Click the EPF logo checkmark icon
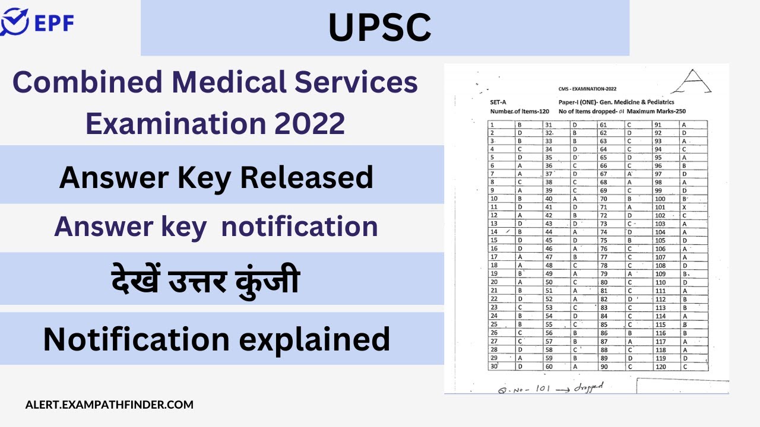pos(14,23)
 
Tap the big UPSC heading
pos(380,27)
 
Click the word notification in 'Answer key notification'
pos(299,226)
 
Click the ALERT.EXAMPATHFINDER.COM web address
pos(109,405)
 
